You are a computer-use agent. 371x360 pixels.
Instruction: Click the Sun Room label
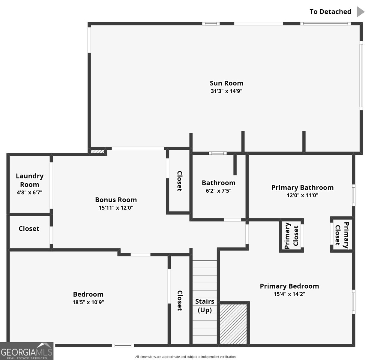226,83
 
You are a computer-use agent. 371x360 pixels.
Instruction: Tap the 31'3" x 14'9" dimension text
226,91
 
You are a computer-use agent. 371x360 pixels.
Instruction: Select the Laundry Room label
30,180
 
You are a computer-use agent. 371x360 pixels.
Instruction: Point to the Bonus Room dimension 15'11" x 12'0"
116,208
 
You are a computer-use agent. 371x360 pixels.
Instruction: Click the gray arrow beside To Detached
361,12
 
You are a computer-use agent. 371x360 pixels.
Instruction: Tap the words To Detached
331,12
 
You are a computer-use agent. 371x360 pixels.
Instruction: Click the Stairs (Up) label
205,306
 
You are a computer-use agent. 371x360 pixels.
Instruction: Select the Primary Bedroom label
289,286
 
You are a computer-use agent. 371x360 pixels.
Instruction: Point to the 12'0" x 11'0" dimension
303,195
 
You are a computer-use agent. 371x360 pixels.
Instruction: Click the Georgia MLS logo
27,351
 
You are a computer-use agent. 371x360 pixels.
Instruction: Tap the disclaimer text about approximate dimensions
185,357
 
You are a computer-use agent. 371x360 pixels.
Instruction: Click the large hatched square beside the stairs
233,324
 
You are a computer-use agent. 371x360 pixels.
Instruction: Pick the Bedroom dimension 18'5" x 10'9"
88,302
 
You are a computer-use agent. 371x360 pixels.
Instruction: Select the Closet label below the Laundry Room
29,229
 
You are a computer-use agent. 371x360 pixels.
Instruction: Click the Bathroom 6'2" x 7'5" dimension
218,191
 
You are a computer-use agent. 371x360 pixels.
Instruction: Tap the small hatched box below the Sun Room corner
97,151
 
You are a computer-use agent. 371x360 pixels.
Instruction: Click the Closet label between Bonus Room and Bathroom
180,181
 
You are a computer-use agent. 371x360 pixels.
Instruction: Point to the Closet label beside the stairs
180,301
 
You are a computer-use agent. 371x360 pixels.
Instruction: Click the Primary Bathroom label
303,187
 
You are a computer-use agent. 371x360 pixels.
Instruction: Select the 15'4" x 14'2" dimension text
289,294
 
